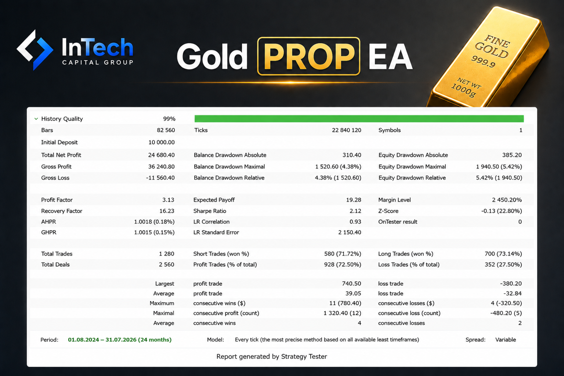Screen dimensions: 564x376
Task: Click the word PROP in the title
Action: [309, 56]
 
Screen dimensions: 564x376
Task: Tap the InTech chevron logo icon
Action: [35, 50]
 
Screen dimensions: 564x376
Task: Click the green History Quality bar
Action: [359, 119]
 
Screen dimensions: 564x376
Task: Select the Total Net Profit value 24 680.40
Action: [162, 155]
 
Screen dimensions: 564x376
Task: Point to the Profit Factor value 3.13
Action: [168, 200]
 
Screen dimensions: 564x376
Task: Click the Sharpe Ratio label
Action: [210, 211]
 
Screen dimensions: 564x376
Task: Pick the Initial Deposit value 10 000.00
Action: [162, 142]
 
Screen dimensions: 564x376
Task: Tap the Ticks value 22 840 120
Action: [347, 130]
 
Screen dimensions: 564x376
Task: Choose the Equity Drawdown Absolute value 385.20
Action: [512, 155]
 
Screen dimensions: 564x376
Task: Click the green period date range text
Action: [120, 340]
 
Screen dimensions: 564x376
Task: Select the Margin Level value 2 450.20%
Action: [507, 200]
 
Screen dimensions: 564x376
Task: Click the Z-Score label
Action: [388, 211]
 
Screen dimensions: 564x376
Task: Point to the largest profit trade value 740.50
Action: [351, 283]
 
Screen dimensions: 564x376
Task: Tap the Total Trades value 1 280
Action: [166, 254]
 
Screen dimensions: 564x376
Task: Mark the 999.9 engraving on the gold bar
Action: [483, 61]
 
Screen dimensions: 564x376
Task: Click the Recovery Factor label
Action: [62, 211]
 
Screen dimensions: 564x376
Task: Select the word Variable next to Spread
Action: [506, 340]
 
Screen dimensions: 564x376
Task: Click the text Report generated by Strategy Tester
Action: [272, 357]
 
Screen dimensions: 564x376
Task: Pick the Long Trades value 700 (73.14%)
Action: [503, 254]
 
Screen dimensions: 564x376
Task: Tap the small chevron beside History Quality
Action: [36, 119]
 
